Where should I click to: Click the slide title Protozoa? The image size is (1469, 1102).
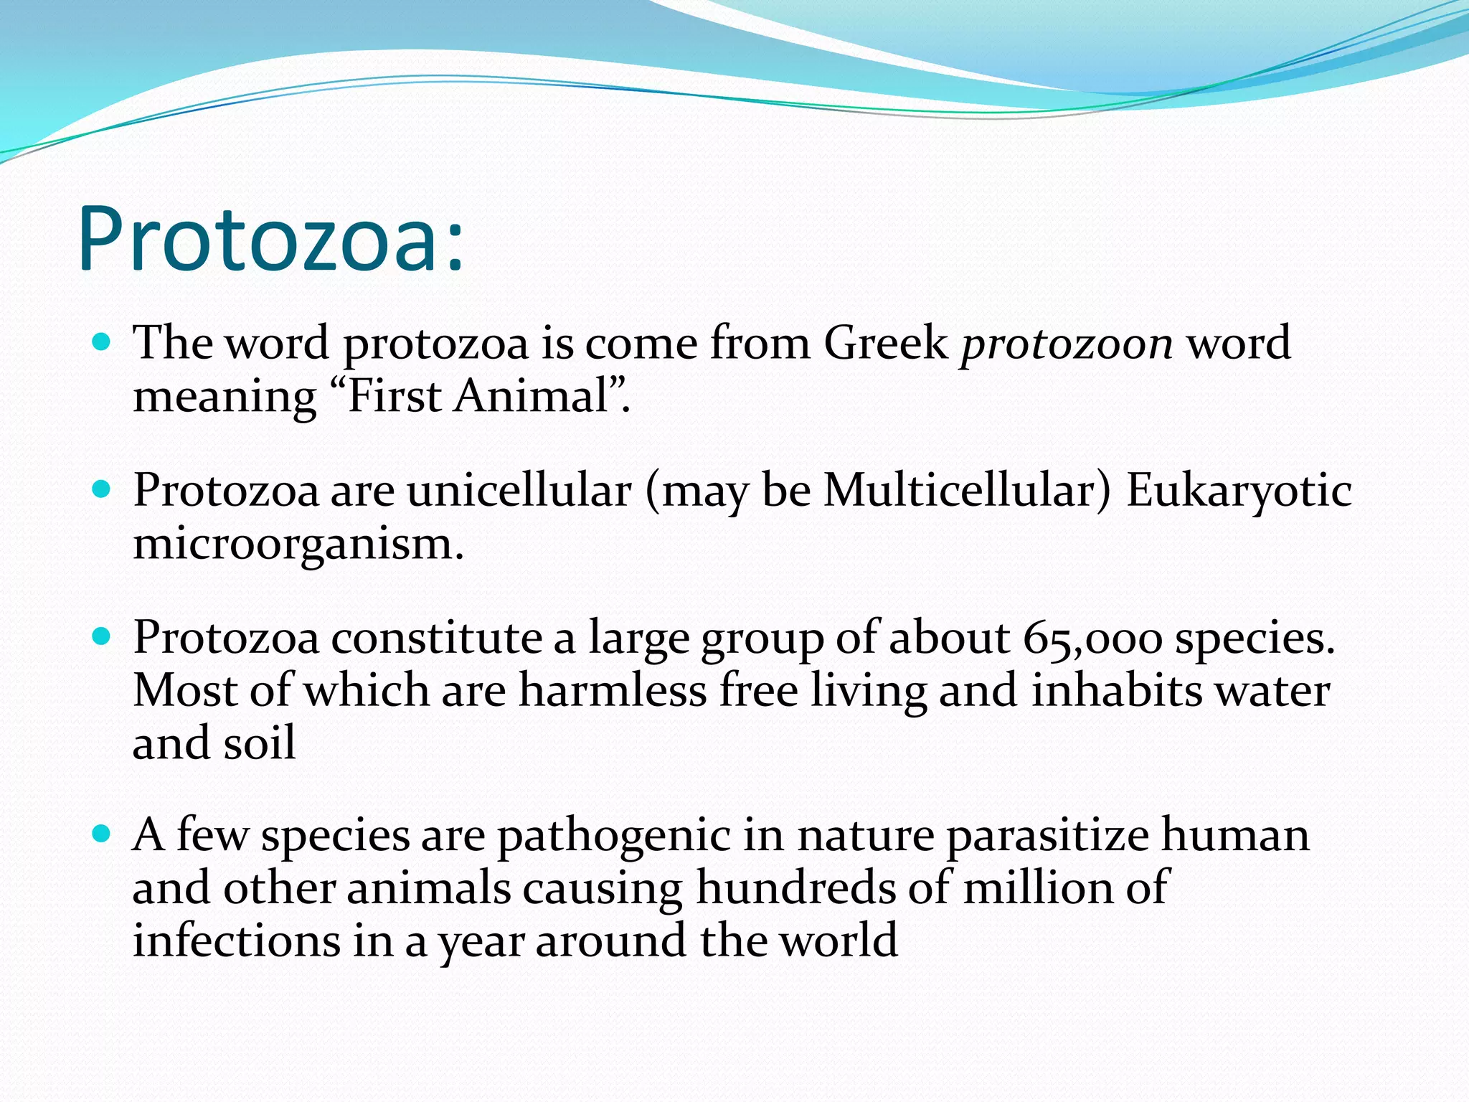[271, 239]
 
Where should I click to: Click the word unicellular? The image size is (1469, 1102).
[519, 491]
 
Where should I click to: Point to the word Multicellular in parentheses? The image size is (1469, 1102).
[959, 491]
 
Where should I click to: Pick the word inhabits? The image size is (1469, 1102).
[1116, 691]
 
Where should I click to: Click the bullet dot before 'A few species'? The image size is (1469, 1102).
[102, 834]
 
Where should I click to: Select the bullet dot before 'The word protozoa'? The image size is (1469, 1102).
[102, 342]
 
